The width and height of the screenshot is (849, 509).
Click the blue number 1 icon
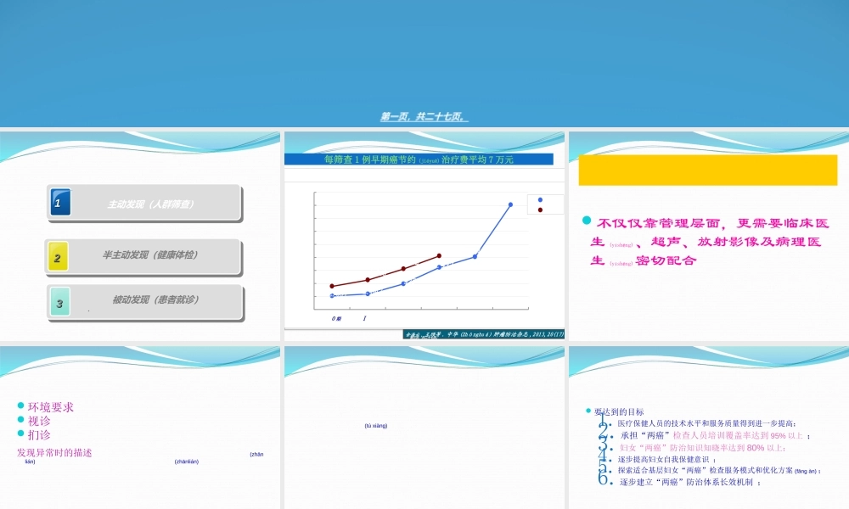pyautogui.click(x=59, y=203)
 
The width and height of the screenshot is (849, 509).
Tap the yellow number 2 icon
pyautogui.click(x=57, y=256)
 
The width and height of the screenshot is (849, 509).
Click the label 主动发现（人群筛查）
pyautogui.click(x=151, y=204)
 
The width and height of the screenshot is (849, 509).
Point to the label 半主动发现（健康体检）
pyautogui.click(x=150, y=255)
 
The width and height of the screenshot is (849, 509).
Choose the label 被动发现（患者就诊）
pyautogui.click(x=150, y=299)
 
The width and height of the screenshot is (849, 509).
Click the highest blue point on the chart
pyautogui.click(x=510, y=204)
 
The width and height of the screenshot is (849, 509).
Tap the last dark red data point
pyautogui.click(x=439, y=255)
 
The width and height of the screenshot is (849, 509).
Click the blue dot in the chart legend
pyautogui.click(x=540, y=199)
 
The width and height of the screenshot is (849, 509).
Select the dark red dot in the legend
pyautogui.click(x=540, y=210)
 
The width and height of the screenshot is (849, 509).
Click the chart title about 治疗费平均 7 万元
pyautogui.click(x=419, y=159)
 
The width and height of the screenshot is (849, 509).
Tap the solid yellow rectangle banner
pyautogui.click(x=707, y=170)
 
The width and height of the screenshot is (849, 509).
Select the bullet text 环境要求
pyautogui.click(x=51, y=407)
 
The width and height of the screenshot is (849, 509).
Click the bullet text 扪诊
pyautogui.click(x=39, y=434)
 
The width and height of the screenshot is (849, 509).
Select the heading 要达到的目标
pyautogui.click(x=619, y=412)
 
